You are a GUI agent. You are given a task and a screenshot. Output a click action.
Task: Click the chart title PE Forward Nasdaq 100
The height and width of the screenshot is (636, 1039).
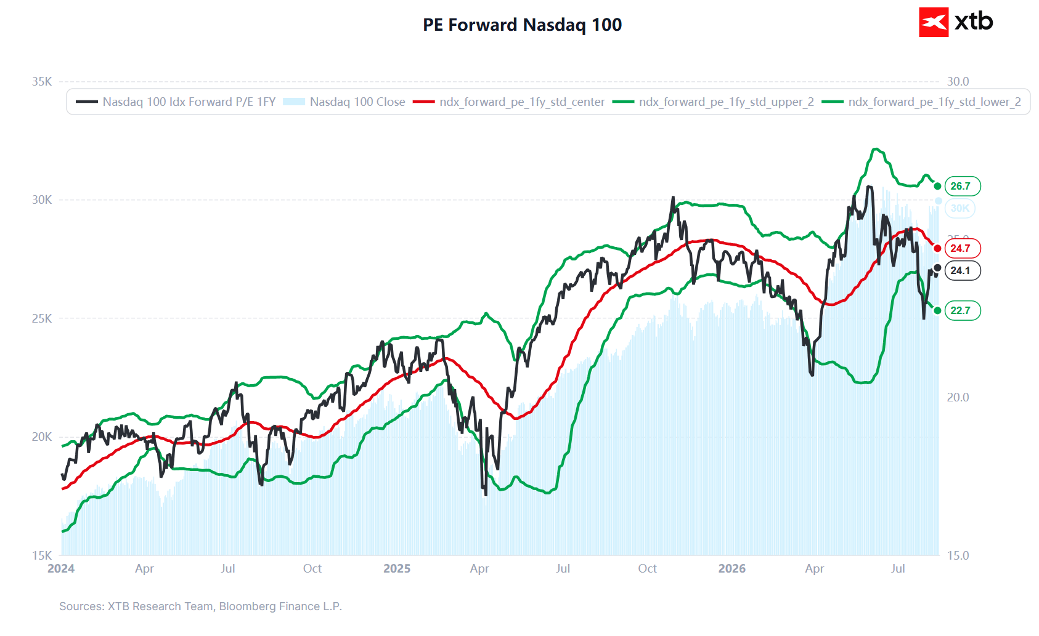tap(522, 25)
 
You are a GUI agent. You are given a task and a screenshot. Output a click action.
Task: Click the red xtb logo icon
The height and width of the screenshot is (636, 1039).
tap(933, 22)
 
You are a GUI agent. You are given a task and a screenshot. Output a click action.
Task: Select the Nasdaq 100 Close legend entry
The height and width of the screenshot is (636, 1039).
tap(344, 102)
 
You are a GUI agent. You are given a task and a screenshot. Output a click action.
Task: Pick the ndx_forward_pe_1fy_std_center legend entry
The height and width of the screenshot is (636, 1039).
tap(509, 102)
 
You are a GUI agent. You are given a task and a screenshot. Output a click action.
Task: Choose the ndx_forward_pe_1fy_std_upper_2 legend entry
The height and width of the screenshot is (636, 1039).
tap(714, 102)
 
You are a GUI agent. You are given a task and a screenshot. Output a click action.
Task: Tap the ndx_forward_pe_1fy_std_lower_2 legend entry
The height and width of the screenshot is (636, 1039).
tap(921, 102)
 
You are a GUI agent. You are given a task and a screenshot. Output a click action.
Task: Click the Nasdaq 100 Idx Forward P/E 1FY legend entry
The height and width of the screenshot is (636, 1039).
tap(176, 102)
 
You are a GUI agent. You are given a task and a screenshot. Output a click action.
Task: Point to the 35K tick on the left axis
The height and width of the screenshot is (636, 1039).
tap(42, 82)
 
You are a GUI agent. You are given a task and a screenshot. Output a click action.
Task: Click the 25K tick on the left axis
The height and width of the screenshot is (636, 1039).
tap(42, 318)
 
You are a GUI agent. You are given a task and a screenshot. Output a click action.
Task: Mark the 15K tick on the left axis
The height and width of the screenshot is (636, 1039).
tap(42, 555)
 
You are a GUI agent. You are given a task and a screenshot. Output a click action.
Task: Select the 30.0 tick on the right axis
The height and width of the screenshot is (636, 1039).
tap(958, 82)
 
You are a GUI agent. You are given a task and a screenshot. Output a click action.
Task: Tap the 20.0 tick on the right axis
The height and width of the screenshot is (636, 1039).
tap(958, 397)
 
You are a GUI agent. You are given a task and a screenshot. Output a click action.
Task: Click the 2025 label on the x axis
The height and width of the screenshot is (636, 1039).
tap(397, 569)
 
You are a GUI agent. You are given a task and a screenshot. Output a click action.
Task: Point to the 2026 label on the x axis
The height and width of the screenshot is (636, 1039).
tap(732, 569)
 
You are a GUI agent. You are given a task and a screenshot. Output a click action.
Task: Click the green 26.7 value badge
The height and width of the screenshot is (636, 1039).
tap(963, 187)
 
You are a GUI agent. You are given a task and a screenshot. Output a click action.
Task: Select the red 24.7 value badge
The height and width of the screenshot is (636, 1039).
tap(963, 249)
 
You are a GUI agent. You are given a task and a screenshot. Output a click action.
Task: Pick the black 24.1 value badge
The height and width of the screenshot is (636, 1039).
tap(963, 271)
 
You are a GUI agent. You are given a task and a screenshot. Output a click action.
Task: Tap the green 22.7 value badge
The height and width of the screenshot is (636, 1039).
tap(963, 310)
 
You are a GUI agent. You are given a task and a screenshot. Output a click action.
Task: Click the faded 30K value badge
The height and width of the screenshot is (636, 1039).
tap(960, 209)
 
